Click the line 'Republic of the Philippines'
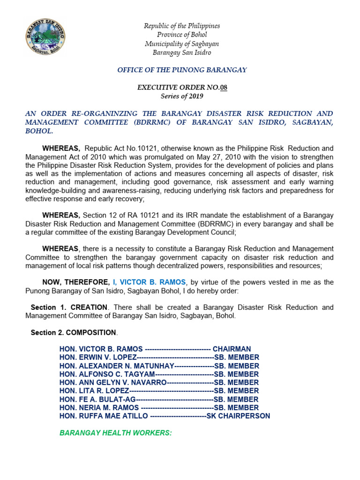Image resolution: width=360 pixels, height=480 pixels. tap(181, 26)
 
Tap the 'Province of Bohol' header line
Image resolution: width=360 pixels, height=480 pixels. tap(181, 35)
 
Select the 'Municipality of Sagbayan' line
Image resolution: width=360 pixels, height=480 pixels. tap(181, 44)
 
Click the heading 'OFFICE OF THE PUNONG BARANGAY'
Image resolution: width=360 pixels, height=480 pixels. tap(181, 70)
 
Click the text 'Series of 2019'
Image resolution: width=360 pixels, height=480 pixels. tap(181, 96)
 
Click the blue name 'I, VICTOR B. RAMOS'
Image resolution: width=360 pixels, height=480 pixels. tap(149, 282)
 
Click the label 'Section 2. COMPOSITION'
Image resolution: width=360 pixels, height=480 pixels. tap(73, 332)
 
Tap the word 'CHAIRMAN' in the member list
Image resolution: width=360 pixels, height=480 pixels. tap(232, 349)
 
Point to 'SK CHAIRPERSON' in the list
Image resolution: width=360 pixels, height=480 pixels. tap(238, 416)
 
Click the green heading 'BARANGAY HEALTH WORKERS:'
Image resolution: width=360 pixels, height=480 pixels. tap(115, 433)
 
